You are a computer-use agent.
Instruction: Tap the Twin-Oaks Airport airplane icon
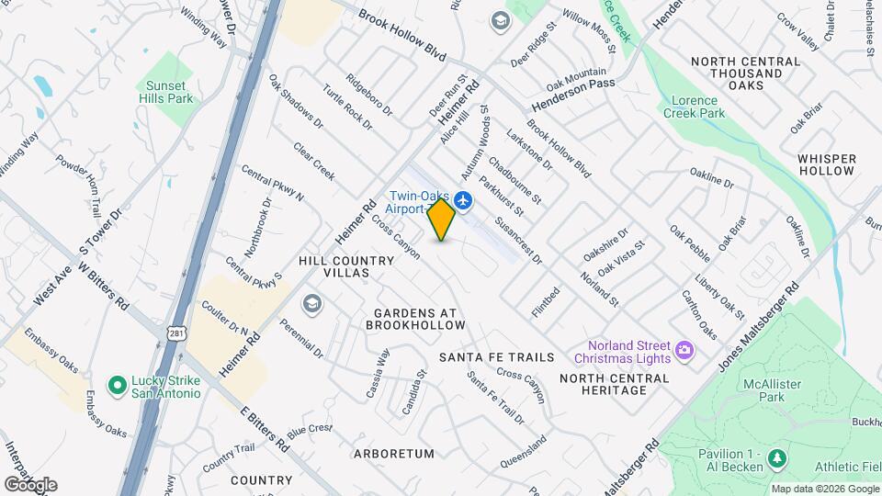pos(463,199)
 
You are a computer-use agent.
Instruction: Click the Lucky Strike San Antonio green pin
pos(117,385)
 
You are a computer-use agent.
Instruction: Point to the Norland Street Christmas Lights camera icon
pos(684,349)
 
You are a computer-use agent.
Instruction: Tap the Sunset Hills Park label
pos(166,91)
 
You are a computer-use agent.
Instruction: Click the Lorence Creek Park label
pos(698,107)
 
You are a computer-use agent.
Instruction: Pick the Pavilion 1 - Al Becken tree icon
pos(777,457)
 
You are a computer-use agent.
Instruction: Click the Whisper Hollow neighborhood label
pos(827,164)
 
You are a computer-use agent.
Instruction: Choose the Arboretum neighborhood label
pos(393,454)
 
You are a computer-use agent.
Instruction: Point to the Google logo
pos(30,485)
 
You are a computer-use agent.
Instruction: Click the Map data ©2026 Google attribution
pos(824,489)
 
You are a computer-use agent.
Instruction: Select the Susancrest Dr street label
pos(518,241)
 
